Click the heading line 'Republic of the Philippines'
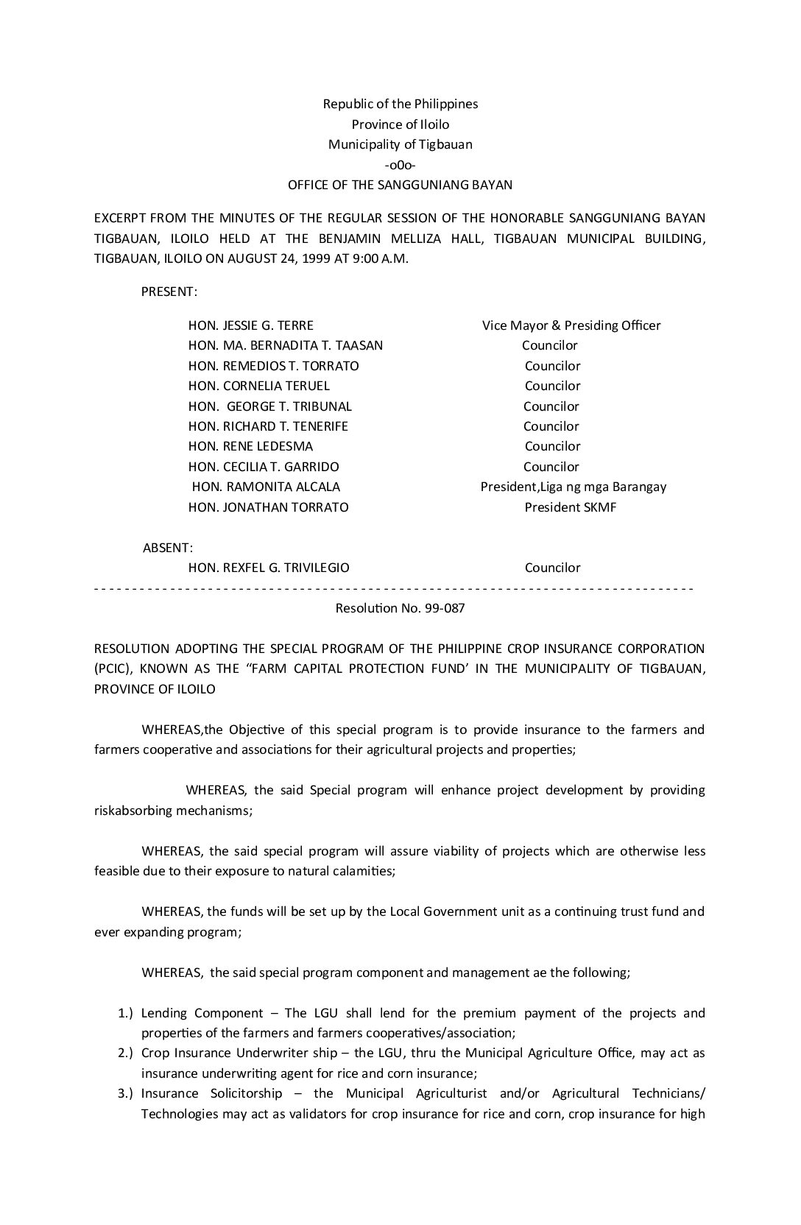click(x=400, y=104)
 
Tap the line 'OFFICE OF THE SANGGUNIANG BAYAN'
click(x=400, y=185)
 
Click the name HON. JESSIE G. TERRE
click(x=250, y=325)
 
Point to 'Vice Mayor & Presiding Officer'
click(x=571, y=325)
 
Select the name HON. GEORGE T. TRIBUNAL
click(x=269, y=406)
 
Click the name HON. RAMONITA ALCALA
click(x=266, y=487)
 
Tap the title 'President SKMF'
click(x=571, y=507)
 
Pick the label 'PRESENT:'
click(x=169, y=292)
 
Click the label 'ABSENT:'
click(x=168, y=548)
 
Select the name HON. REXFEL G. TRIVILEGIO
click(x=269, y=568)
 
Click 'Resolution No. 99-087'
click(x=400, y=609)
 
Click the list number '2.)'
click(x=125, y=1053)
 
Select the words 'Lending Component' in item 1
click(x=202, y=1013)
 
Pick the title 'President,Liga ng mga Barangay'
click(x=574, y=487)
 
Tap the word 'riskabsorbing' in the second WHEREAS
click(x=133, y=811)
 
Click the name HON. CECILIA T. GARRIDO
click(x=264, y=467)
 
